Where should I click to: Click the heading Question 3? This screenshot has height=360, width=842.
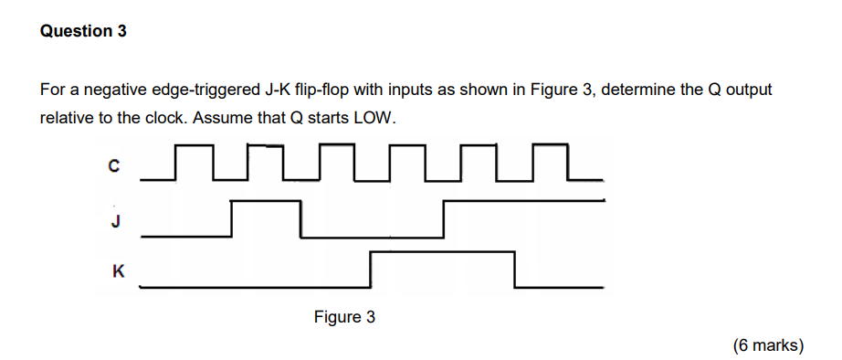coord(84,31)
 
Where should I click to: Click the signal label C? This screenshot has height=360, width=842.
coord(113,166)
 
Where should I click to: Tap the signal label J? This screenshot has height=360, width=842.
coord(115,220)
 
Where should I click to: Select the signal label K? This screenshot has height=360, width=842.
coord(117,270)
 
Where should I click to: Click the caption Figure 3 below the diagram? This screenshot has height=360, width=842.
coord(344,317)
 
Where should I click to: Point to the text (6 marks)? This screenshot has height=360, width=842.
coord(767,344)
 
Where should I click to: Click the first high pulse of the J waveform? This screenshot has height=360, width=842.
coord(266,203)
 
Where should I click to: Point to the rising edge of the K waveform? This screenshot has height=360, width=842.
coord(372,270)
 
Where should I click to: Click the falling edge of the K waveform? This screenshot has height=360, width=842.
coord(515,270)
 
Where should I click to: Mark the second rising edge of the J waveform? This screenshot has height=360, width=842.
coord(444,219)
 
